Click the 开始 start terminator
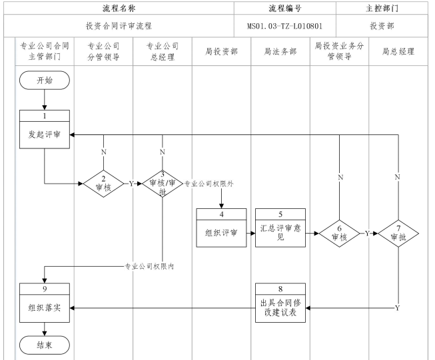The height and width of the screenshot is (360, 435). click(44, 81)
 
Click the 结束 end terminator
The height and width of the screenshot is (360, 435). click(44, 345)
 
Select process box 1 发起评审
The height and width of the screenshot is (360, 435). click(44, 128)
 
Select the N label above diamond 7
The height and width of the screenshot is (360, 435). click(398, 176)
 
